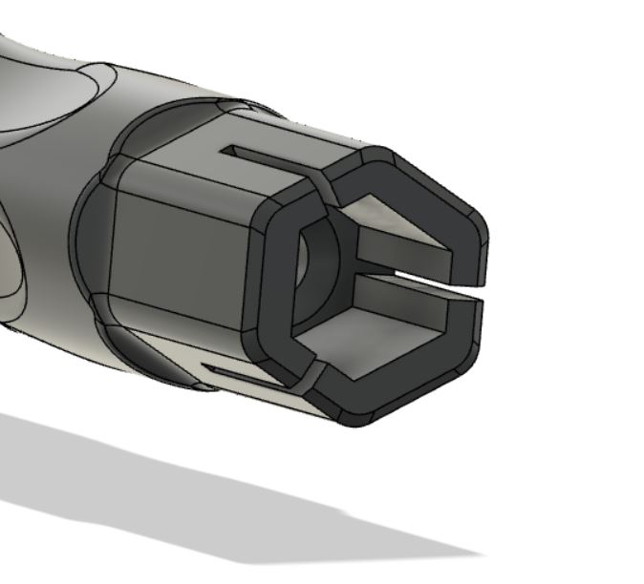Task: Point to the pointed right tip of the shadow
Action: (x=473, y=553)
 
